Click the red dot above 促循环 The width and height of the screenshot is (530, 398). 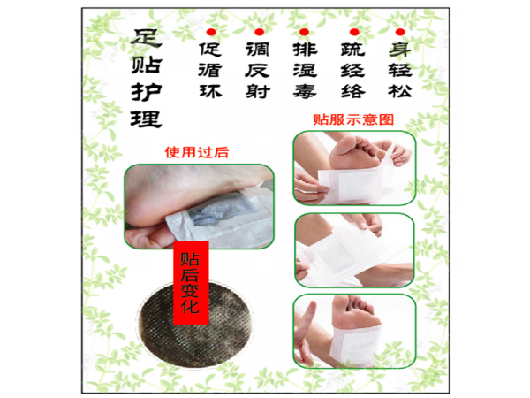click(211, 32)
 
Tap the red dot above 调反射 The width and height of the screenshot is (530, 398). click(259, 32)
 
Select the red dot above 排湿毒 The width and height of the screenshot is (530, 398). click(304, 32)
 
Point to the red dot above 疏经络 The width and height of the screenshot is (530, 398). click(354, 32)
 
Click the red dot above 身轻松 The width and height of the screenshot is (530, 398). click(400, 32)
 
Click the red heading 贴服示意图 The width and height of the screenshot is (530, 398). click(353, 119)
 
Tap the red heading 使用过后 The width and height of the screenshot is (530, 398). click(197, 152)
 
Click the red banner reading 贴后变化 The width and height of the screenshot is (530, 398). click(191, 283)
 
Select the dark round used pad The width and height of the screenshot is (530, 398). click(195, 325)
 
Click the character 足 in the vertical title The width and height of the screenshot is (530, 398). click(146, 38)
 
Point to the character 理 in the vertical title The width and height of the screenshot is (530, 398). click(146, 119)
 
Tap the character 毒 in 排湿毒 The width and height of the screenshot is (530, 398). click(305, 91)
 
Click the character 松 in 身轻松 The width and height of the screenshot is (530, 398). click(400, 91)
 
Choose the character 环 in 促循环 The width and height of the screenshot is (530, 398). click(210, 91)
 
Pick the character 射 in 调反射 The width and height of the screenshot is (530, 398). click(258, 91)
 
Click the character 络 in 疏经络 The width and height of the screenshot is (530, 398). click(352, 91)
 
